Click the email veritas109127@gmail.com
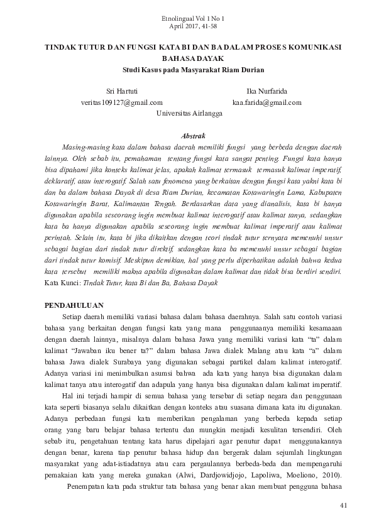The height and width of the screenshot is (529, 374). point(122,103)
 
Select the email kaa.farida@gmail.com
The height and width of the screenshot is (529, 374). point(267,103)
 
